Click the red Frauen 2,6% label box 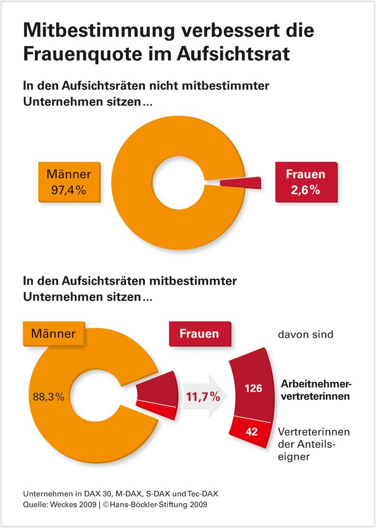coord(305,182)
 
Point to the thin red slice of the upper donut coord(240,183)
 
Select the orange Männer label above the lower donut coord(53,334)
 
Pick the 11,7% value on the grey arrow coord(202,397)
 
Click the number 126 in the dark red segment coord(253,389)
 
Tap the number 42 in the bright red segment coord(251,432)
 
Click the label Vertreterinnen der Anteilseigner coord(313,444)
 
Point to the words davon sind coord(305,334)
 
